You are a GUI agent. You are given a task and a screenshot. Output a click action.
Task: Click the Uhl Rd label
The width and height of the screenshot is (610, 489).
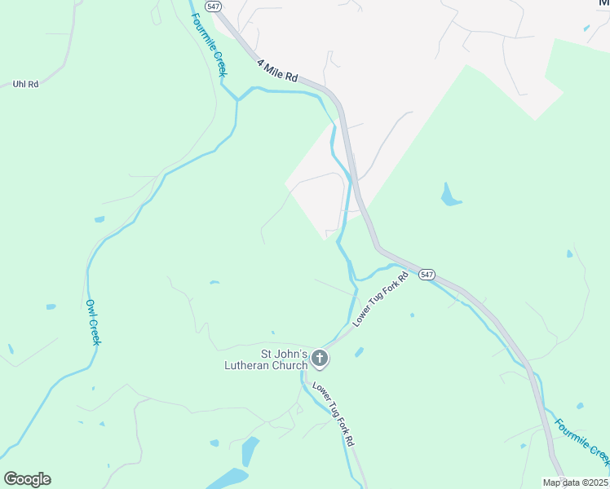click(x=26, y=84)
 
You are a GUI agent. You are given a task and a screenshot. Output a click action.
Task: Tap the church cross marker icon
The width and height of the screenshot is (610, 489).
click(x=320, y=358)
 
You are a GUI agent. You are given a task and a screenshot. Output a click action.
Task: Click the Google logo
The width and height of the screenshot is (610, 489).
click(x=27, y=479)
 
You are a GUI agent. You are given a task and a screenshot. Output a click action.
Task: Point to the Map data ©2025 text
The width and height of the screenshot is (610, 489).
click(x=575, y=482)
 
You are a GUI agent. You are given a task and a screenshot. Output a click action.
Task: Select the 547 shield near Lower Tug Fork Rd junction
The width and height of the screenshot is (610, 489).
click(x=427, y=275)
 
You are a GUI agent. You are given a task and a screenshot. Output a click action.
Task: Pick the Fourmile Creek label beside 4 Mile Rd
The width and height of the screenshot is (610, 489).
click(x=210, y=45)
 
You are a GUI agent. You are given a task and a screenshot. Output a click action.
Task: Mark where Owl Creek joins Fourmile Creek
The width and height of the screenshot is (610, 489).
click(x=236, y=99)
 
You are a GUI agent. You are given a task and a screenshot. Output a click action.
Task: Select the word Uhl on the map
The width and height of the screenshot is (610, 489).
click(x=20, y=84)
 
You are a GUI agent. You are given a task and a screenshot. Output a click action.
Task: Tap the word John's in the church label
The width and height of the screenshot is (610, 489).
click(x=290, y=354)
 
